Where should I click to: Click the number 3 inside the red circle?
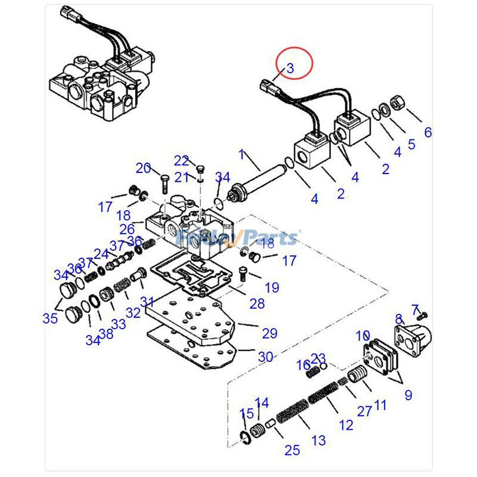290,68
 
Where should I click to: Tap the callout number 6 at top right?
428,132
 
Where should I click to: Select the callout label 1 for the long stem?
242,154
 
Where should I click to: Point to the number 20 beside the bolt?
143,168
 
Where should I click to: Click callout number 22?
181,160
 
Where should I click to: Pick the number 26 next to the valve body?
126,229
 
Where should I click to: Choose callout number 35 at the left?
50,318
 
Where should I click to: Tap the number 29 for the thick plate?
269,333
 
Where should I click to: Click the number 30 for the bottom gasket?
265,357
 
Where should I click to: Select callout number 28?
257,303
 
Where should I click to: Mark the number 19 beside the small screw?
272,287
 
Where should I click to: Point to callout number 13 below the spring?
318,440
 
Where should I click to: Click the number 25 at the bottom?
292,450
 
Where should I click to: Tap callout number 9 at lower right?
408,394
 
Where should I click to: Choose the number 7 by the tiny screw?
416,309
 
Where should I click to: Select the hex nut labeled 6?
397,103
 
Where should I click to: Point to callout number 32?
133,312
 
